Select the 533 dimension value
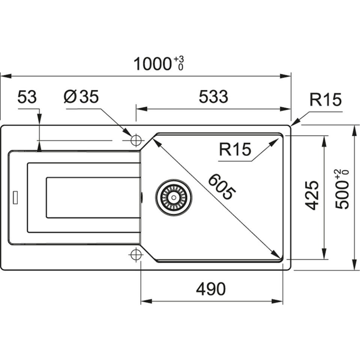(213, 97)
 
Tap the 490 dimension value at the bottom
(211, 289)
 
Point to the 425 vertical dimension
(312, 195)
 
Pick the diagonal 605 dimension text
(222, 186)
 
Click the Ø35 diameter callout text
(81, 97)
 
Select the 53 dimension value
(27, 97)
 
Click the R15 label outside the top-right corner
(325, 100)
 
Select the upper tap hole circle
(136, 141)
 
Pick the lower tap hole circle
(136, 255)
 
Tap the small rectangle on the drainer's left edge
(15, 198)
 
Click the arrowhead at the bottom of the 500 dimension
(354, 267)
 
